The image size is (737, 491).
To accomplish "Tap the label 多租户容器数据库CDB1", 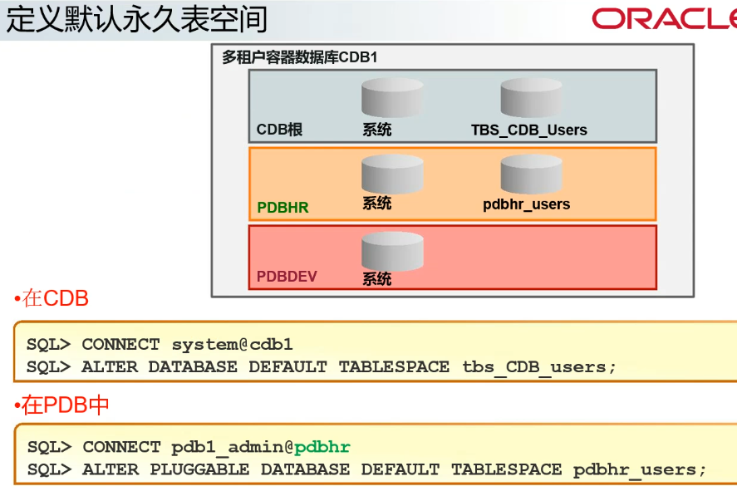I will (x=299, y=57).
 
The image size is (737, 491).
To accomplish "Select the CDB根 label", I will (x=279, y=130).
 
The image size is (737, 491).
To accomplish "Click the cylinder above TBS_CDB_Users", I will (x=531, y=98).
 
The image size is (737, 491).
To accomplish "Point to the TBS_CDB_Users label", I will (x=528, y=130).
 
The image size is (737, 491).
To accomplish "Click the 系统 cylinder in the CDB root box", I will (x=392, y=98).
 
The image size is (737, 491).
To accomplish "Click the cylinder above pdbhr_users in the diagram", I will (x=531, y=174).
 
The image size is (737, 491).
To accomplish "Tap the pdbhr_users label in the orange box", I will (x=526, y=204).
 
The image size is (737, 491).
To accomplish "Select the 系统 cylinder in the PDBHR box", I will (x=392, y=174).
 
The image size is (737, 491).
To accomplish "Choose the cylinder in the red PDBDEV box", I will (x=392, y=251).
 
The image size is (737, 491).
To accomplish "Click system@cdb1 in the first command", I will (x=232, y=345).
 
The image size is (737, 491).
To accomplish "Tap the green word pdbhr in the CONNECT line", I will (x=322, y=448).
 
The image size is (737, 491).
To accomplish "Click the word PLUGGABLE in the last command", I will (x=199, y=469).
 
